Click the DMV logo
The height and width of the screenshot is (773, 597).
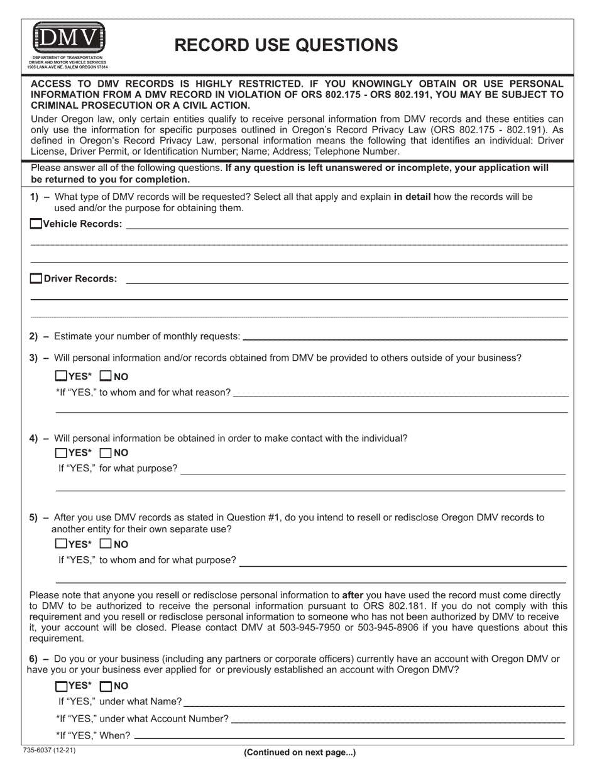(68, 39)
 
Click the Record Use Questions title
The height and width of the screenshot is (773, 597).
(286, 45)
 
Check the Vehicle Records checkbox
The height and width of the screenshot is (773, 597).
(36, 224)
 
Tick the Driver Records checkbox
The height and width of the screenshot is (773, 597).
(36, 278)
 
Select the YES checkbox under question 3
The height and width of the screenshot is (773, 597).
(61, 376)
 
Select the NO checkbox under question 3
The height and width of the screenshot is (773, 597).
(106, 376)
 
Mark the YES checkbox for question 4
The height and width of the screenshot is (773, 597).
(61, 452)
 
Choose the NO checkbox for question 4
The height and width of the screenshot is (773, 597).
(106, 452)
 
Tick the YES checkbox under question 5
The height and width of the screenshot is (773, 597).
(61, 544)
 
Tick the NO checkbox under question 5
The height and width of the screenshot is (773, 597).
(106, 544)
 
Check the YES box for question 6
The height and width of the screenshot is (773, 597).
(61, 686)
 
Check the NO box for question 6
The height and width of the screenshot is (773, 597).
(106, 686)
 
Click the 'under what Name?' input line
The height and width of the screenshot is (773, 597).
(374, 701)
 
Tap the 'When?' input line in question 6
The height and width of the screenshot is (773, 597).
(349, 735)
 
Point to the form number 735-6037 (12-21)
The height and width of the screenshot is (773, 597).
(49, 750)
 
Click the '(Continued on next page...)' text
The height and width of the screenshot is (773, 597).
(300, 752)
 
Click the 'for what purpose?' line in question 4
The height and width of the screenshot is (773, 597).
(373, 468)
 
